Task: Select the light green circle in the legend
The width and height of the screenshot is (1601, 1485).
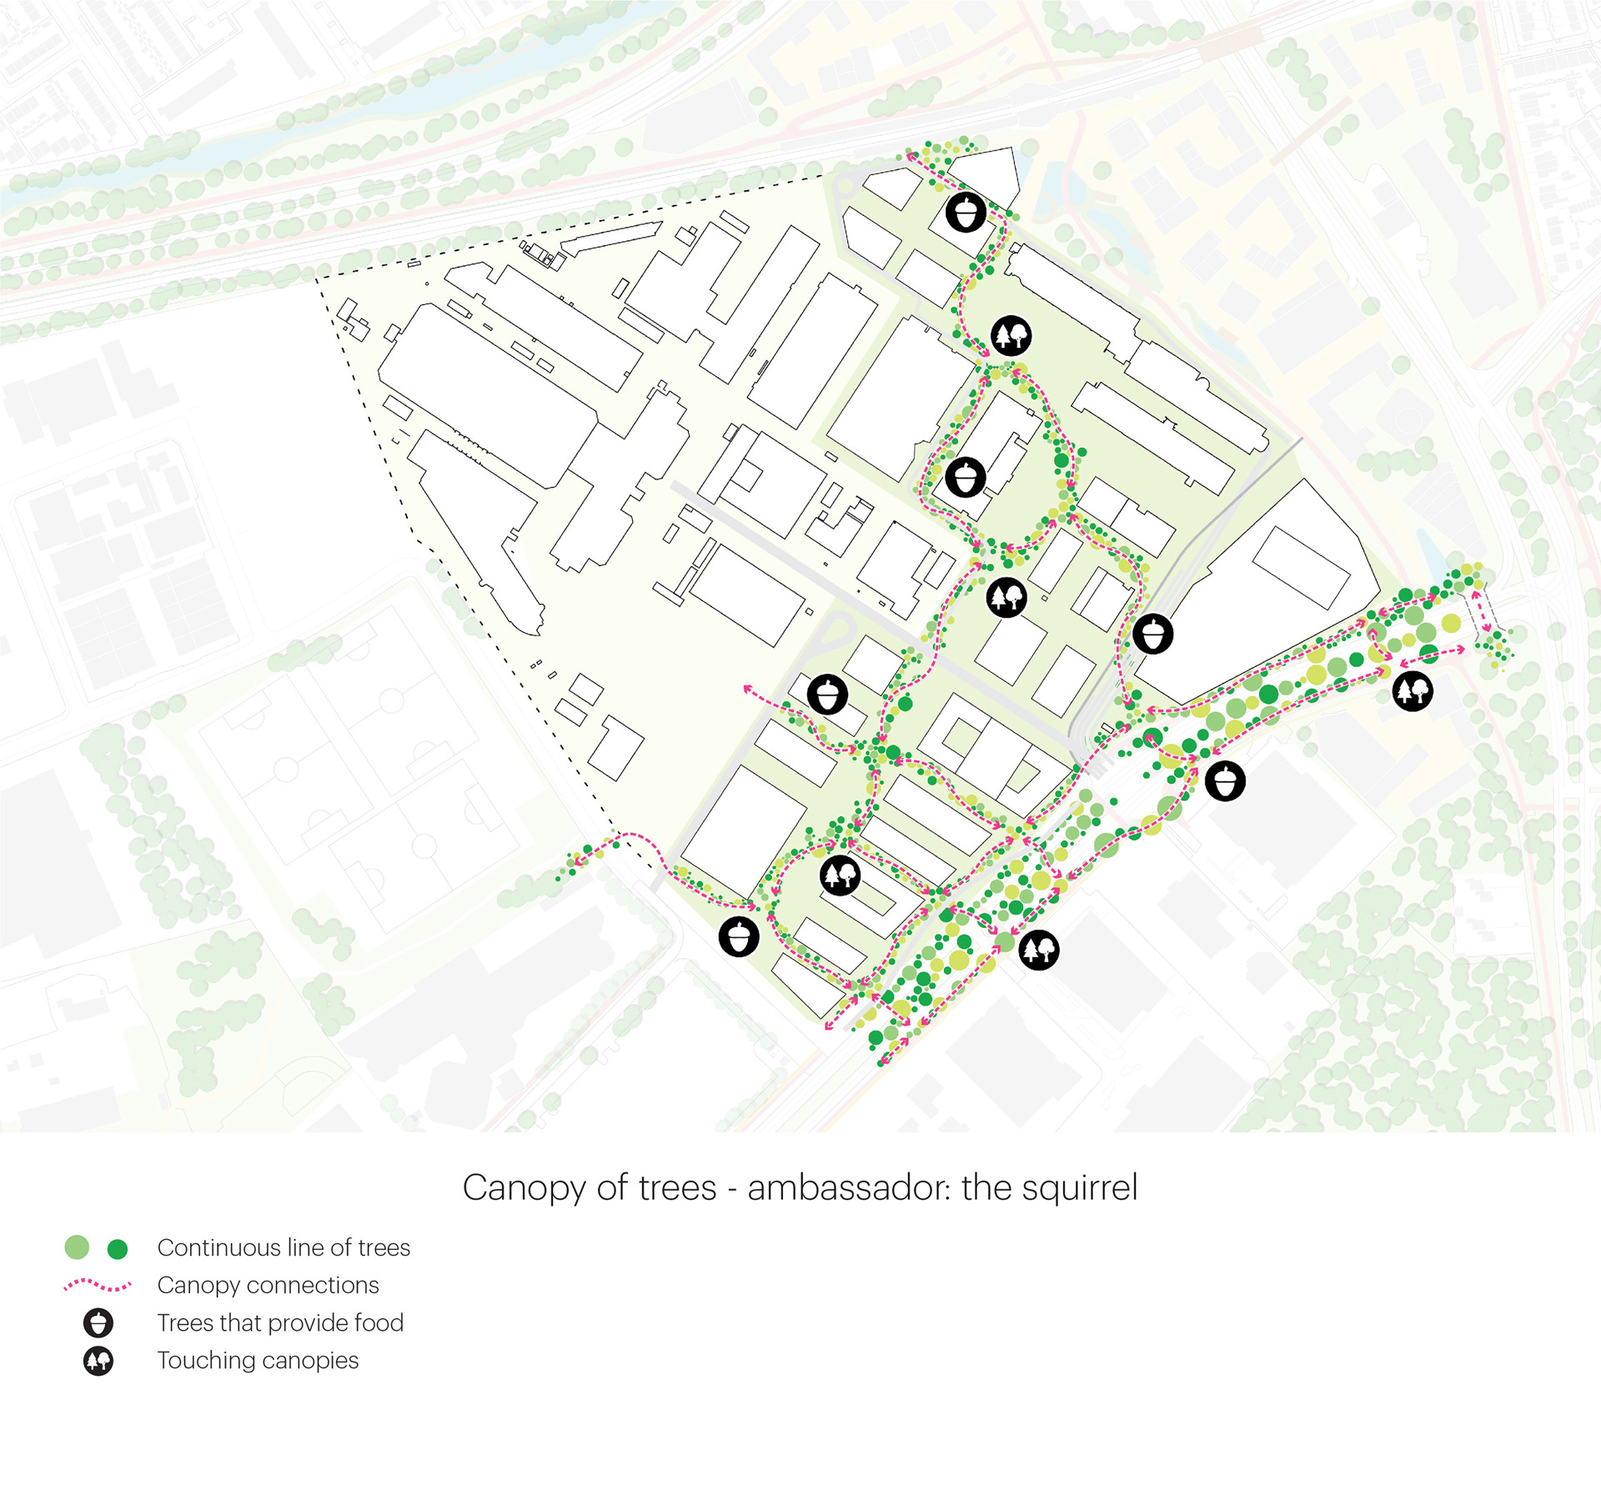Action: (x=77, y=1247)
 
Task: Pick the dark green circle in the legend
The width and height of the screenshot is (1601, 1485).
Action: (x=118, y=1248)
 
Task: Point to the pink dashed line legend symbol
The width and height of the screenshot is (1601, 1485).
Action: (x=98, y=1285)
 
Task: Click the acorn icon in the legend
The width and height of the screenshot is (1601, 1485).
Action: (x=98, y=1323)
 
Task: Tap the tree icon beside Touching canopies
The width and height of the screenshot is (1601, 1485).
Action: (x=98, y=1361)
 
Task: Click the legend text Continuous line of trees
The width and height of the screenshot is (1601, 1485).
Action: (x=284, y=1247)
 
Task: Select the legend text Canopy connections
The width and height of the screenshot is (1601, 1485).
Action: (x=268, y=1285)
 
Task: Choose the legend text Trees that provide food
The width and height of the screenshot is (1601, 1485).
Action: (x=280, y=1322)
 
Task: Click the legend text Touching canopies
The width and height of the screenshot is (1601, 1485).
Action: (x=258, y=1360)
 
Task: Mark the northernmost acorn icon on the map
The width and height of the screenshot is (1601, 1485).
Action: (x=966, y=212)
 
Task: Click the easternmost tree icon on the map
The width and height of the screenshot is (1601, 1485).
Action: (x=1413, y=690)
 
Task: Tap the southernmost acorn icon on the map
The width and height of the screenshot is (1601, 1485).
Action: (x=739, y=936)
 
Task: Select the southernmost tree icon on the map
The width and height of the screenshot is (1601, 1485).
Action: (x=1039, y=949)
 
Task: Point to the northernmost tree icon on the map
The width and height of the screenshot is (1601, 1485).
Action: (x=1011, y=336)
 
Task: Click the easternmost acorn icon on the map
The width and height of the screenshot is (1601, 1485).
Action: (x=1225, y=781)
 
